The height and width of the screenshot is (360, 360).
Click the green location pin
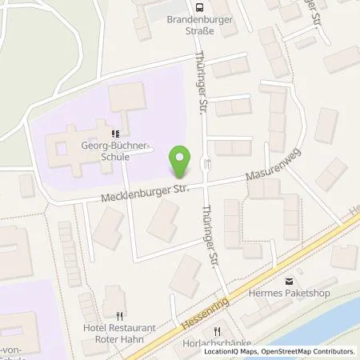tap(182, 163)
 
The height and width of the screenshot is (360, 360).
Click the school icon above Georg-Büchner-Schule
tap(115, 134)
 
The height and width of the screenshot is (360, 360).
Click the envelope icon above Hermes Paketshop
tap(289, 281)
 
